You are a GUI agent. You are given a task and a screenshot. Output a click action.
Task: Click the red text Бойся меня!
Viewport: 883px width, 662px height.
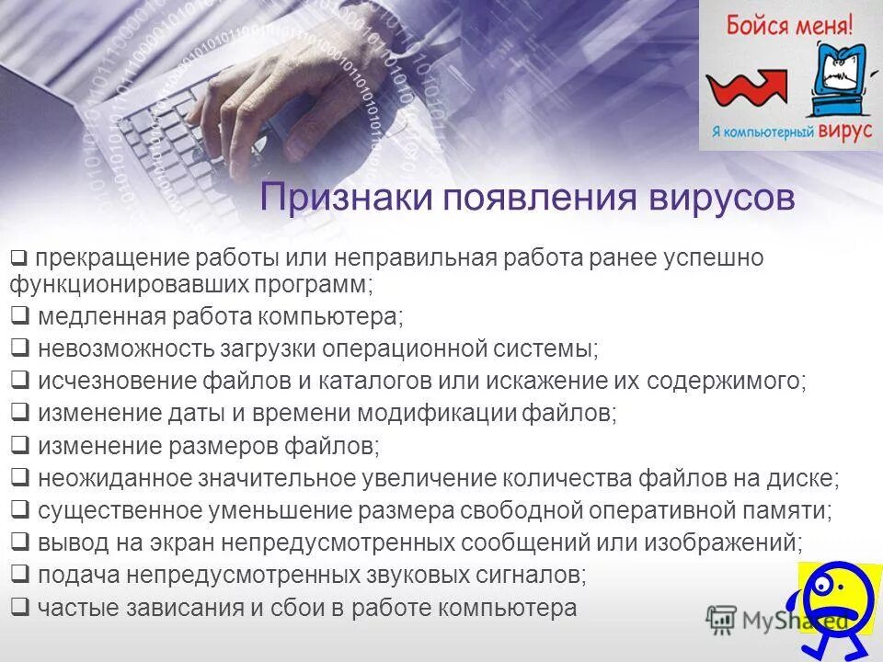click(790, 23)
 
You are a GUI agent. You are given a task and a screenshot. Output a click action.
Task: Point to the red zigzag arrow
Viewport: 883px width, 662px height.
click(746, 88)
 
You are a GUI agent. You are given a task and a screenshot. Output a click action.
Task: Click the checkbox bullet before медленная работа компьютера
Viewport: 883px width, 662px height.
click(20, 317)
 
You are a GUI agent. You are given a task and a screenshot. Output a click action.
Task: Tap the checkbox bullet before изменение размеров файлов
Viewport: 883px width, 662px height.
click(20, 446)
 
